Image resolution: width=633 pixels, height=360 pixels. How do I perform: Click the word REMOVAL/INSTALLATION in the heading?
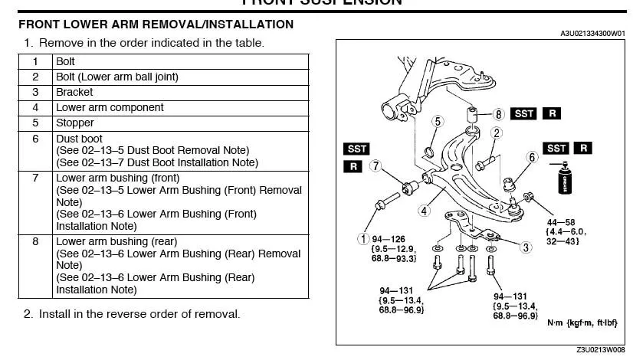point(218,25)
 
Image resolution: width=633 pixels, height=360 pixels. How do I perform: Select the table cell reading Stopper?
point(75,123)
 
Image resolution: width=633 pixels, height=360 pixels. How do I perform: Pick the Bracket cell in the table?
point(74,92)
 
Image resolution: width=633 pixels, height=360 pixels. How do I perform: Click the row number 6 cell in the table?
point(35,139)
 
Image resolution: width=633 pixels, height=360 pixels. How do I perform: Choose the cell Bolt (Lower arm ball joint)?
point(117,77)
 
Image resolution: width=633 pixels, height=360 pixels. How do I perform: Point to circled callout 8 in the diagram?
point(498,114)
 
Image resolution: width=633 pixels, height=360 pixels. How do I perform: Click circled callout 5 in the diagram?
point(438,121)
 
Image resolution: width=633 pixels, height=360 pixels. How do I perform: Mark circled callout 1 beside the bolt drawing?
point(364,238)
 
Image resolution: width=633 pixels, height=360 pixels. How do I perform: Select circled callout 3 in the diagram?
point(526,247)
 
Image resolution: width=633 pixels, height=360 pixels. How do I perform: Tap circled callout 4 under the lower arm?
point(424,211)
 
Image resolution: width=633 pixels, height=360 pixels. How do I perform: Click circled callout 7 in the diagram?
point(375,165)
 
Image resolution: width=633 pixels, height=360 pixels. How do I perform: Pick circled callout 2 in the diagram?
point(497,133)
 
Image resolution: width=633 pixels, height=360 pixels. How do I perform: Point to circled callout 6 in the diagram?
point(533,157)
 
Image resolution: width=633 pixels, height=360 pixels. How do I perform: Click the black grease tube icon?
point(568,180)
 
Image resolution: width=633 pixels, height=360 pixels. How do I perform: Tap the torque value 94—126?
point(389,237)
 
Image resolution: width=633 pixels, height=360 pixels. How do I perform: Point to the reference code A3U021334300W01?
point(592,34)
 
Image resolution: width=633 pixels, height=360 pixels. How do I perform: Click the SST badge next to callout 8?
point(524,113)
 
